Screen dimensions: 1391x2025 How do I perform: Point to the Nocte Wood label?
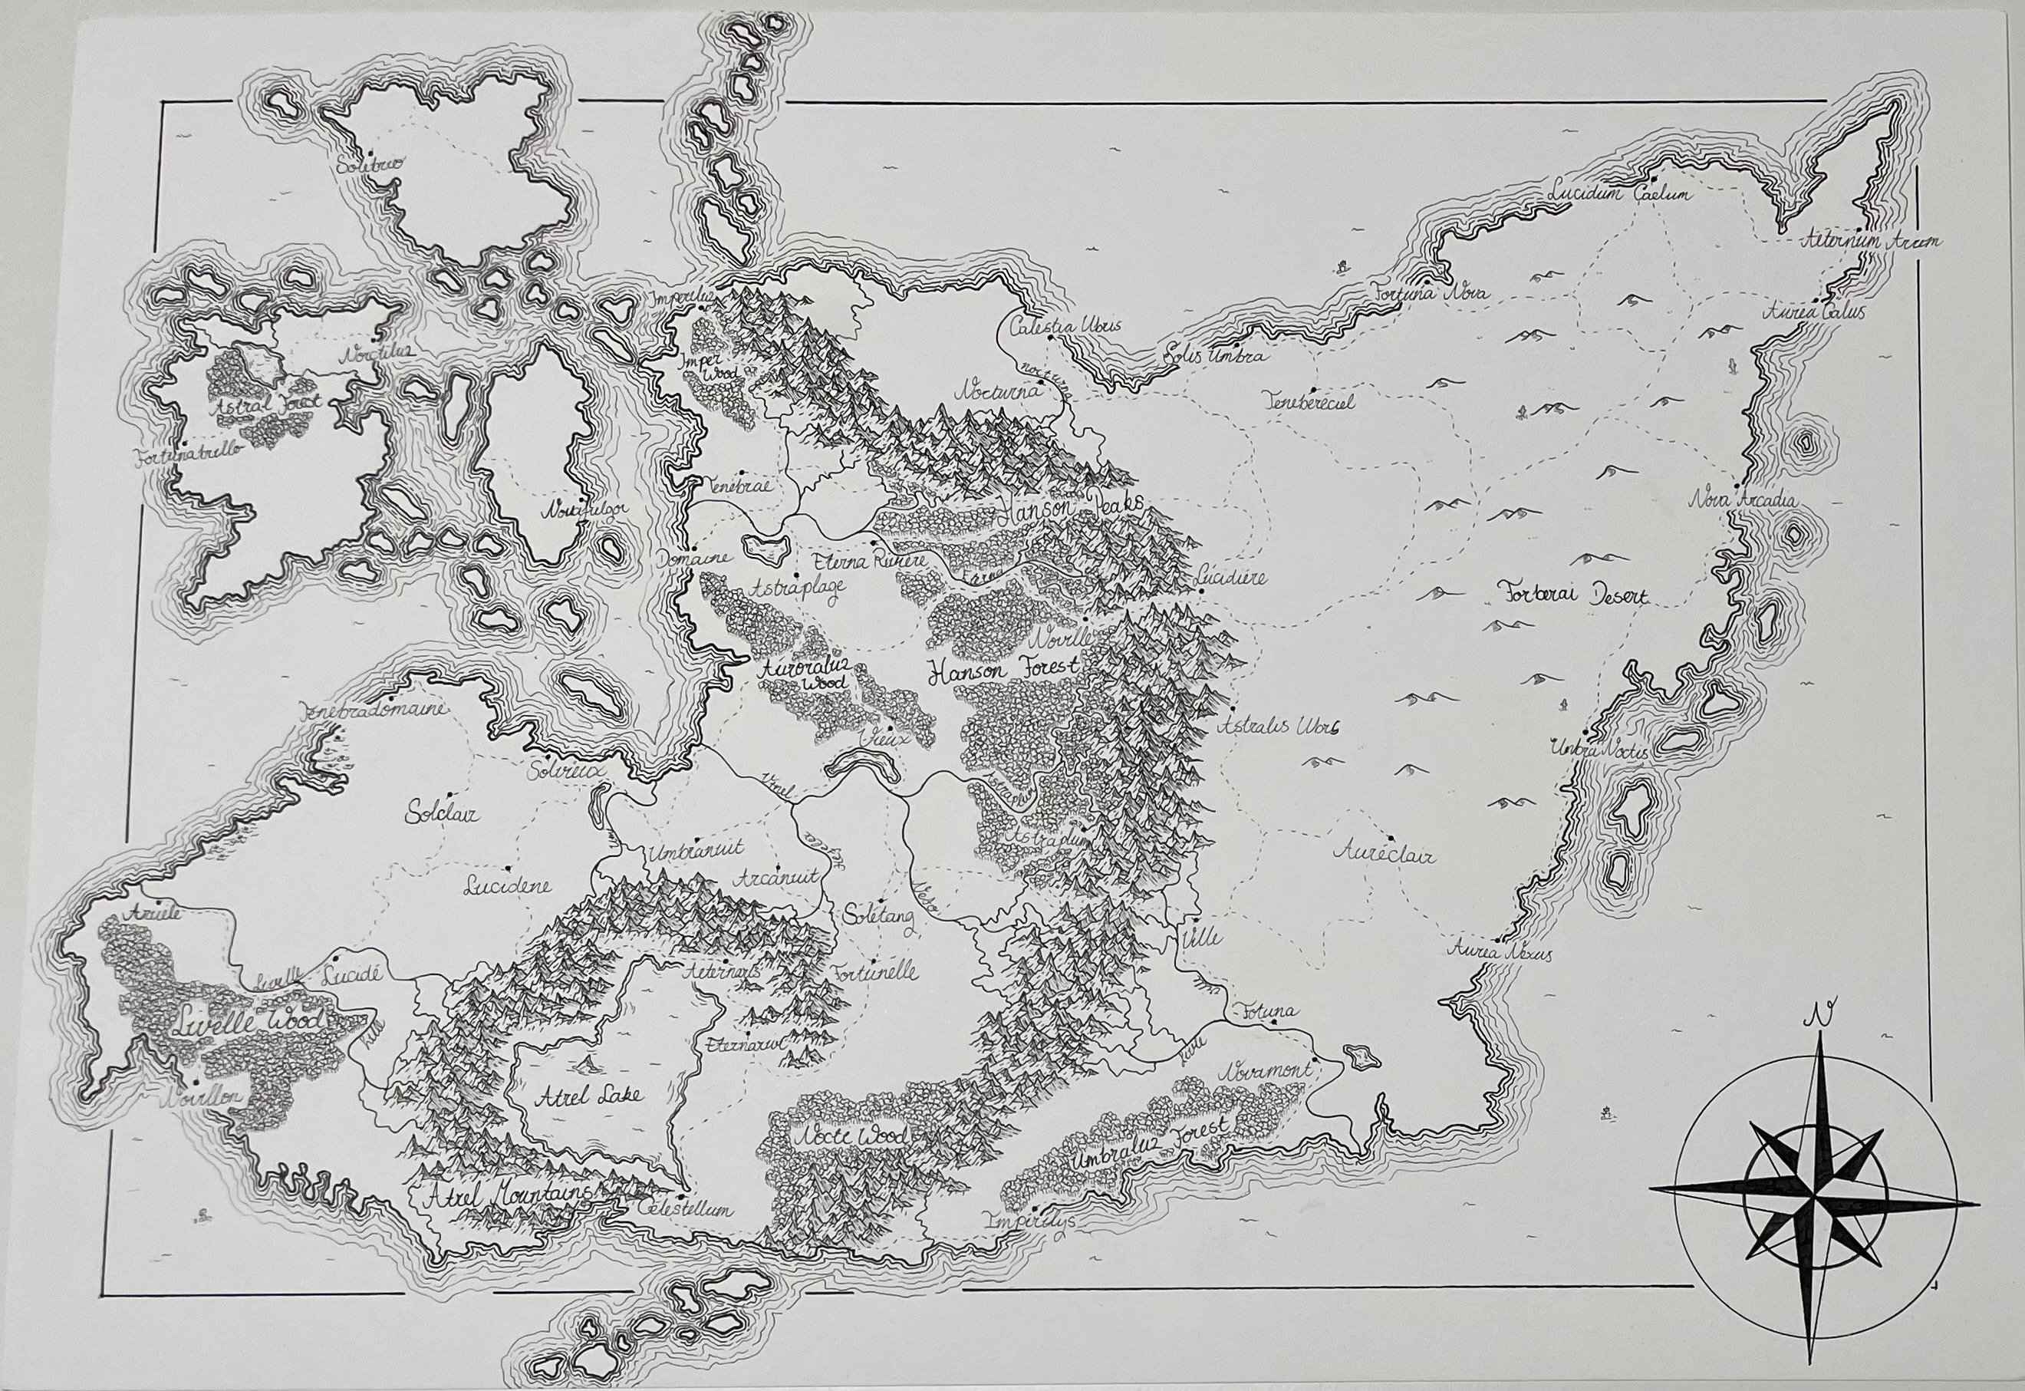(848, 1136)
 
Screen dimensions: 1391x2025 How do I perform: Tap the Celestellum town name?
(685, 1211)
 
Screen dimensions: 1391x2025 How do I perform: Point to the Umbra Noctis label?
(1598, 749)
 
